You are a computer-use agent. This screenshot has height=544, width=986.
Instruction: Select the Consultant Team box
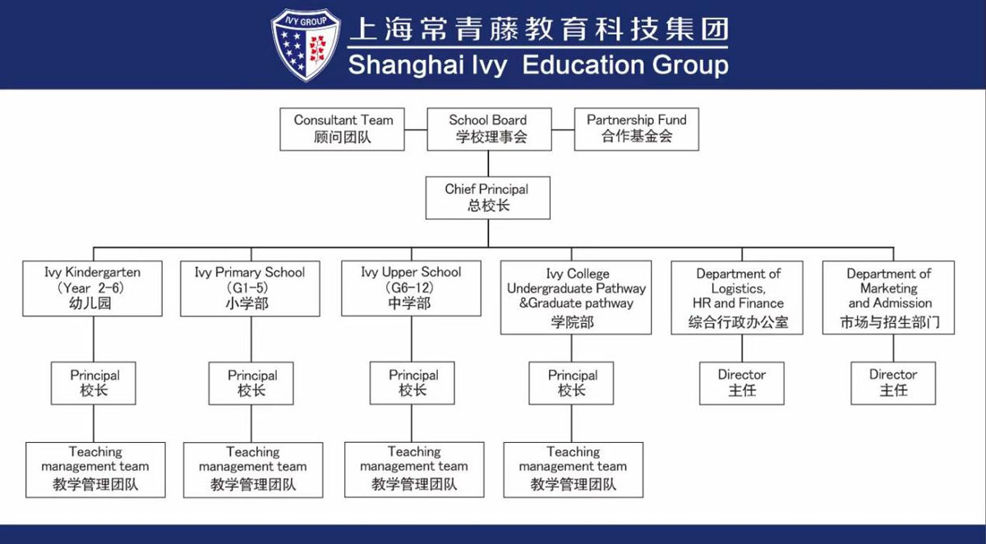(343, 128)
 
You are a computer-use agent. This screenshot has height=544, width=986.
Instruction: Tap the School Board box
(488, 128)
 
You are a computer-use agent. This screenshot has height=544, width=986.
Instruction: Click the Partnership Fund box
(636, 128)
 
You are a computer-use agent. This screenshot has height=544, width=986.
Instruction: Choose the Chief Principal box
(487, 197)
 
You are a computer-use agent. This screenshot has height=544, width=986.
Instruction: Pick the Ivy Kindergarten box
(93, 288)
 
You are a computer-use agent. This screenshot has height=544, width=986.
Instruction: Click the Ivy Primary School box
(249, 288)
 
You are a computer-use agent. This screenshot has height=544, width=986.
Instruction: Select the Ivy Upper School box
(411, 288)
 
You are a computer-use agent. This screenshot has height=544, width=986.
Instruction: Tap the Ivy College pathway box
(575, 297)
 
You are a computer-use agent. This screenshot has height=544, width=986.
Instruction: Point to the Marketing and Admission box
(888, 297)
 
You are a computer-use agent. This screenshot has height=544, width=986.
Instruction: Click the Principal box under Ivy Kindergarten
(94, 383)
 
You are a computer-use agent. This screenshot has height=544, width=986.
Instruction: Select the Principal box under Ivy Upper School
(412, 383)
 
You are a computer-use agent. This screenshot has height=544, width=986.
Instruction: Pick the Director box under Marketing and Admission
(892, 383)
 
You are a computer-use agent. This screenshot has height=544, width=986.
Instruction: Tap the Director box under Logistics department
(742, 383)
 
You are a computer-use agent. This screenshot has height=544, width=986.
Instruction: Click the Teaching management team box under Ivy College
(573, 468)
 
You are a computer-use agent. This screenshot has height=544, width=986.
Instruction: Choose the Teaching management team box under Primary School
(252, 468)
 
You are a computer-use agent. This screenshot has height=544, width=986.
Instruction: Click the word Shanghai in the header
(403, 65)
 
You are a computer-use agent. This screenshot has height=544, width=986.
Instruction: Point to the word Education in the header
(583, 65)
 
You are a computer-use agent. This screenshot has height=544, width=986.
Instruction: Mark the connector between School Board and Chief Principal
(487, 163)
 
